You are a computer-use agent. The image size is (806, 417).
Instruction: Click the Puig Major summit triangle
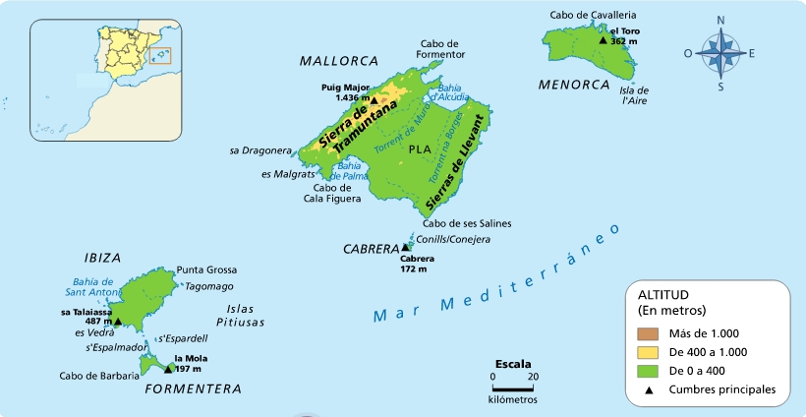374,98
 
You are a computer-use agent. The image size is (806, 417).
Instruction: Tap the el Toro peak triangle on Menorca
604,41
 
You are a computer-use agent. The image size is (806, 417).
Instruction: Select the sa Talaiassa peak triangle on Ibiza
117,321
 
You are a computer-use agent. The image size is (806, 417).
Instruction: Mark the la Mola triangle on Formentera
167,369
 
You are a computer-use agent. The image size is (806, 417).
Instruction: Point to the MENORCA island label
575,85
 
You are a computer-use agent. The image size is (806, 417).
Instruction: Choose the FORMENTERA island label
193,389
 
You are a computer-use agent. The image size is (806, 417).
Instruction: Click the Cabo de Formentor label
440,49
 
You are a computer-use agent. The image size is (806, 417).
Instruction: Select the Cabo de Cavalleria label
593,15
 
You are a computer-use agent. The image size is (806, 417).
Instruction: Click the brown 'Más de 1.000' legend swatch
648,333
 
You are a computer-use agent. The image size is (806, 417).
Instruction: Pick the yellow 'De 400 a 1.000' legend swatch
648,352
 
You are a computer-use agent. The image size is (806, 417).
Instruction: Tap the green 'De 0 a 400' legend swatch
648,371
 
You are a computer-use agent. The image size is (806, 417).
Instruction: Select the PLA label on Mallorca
419,149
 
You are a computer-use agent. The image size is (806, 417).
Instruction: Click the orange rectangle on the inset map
161,54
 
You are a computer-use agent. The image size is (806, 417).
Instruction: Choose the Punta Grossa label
206,269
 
